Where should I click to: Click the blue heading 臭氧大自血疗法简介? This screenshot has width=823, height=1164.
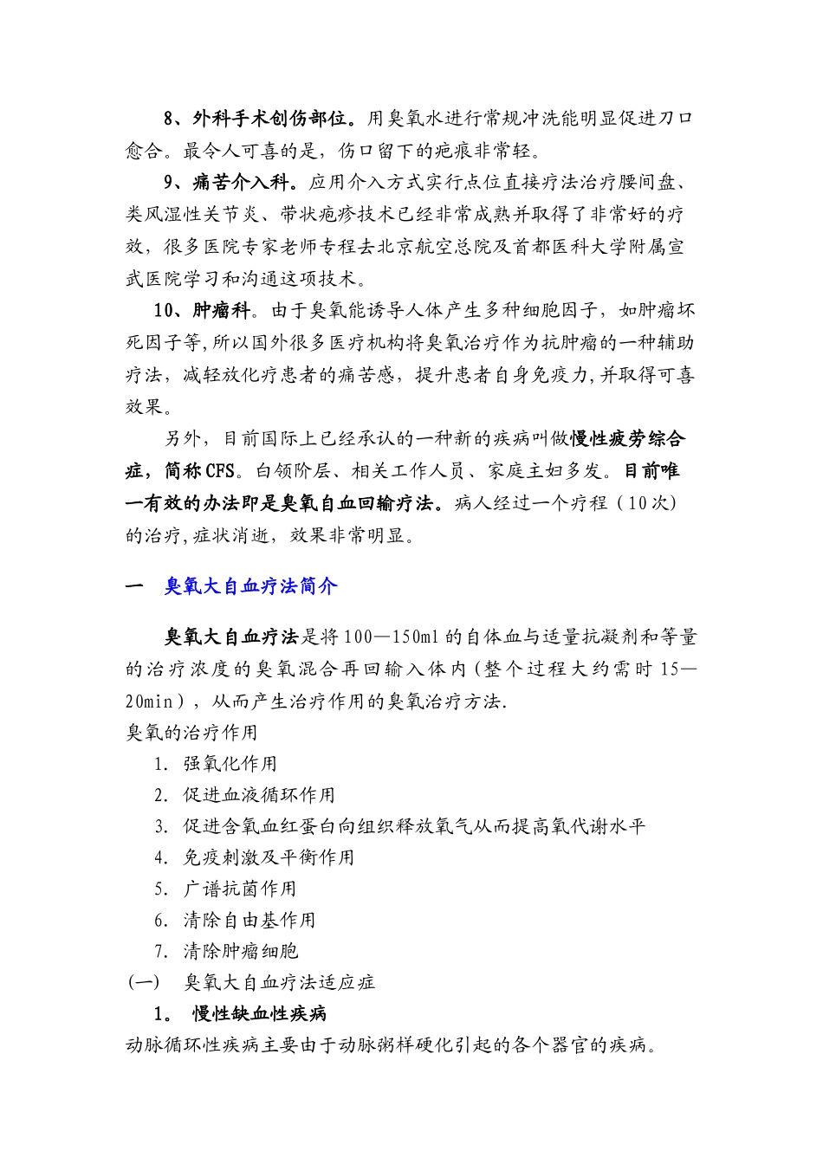250,586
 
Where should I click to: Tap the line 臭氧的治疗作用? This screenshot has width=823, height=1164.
191,733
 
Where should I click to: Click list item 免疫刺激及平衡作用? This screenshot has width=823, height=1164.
268,857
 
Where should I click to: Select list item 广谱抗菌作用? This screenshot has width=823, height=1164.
239,889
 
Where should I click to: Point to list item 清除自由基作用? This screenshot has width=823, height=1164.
249,920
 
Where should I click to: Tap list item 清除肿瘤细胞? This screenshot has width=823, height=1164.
240,951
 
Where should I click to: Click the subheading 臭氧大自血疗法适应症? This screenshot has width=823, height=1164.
279,982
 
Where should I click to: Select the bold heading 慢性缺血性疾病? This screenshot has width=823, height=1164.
259,1014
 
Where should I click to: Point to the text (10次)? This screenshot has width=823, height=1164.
645,503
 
